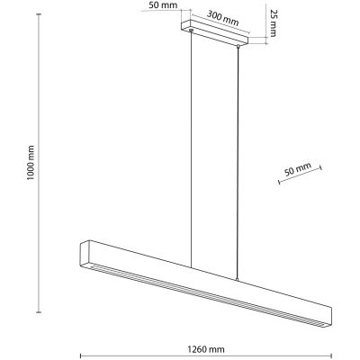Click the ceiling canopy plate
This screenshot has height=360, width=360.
(x=216, y=34)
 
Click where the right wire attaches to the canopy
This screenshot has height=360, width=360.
(x=238, y=45)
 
